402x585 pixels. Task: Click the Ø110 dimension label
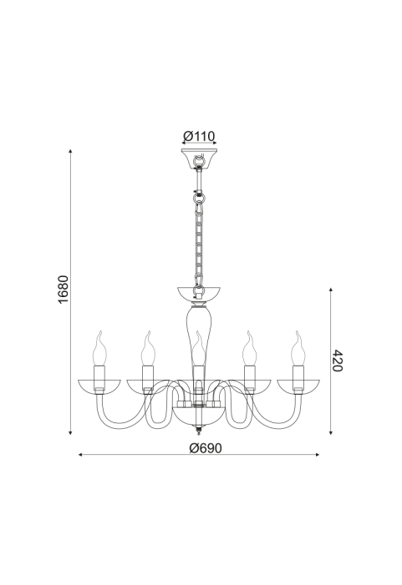point(199,136)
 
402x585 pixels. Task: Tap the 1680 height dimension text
point(64,289)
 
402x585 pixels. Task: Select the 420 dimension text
point(337,361)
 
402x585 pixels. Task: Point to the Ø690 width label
point(205,447)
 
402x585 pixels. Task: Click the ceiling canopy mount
point(199,158)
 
